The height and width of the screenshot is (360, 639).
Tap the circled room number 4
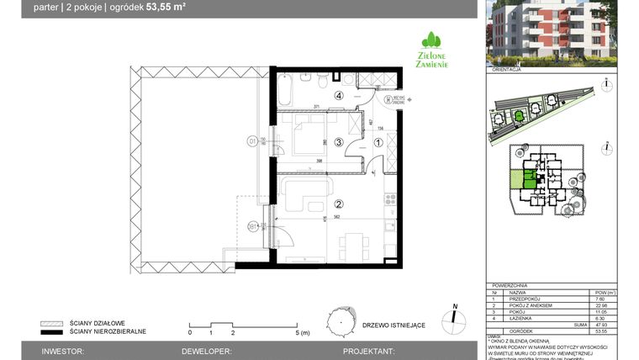339,96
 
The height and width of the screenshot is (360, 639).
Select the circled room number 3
338,142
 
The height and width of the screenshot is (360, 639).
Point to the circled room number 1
378,142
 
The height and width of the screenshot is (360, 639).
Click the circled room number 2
340,204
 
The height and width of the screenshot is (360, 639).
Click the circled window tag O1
251,141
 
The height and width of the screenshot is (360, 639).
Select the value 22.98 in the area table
599,304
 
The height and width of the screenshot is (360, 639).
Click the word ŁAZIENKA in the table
519,316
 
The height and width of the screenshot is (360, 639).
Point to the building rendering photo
551,33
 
